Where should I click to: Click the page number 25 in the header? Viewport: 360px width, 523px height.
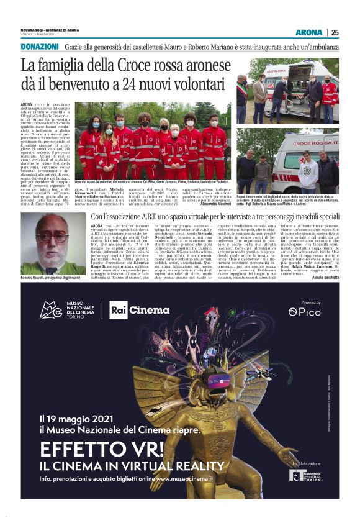pyautogui.click(x=335, y=32)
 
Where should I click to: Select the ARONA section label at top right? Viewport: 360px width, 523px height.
pyautogui.click(x=308, y=32)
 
